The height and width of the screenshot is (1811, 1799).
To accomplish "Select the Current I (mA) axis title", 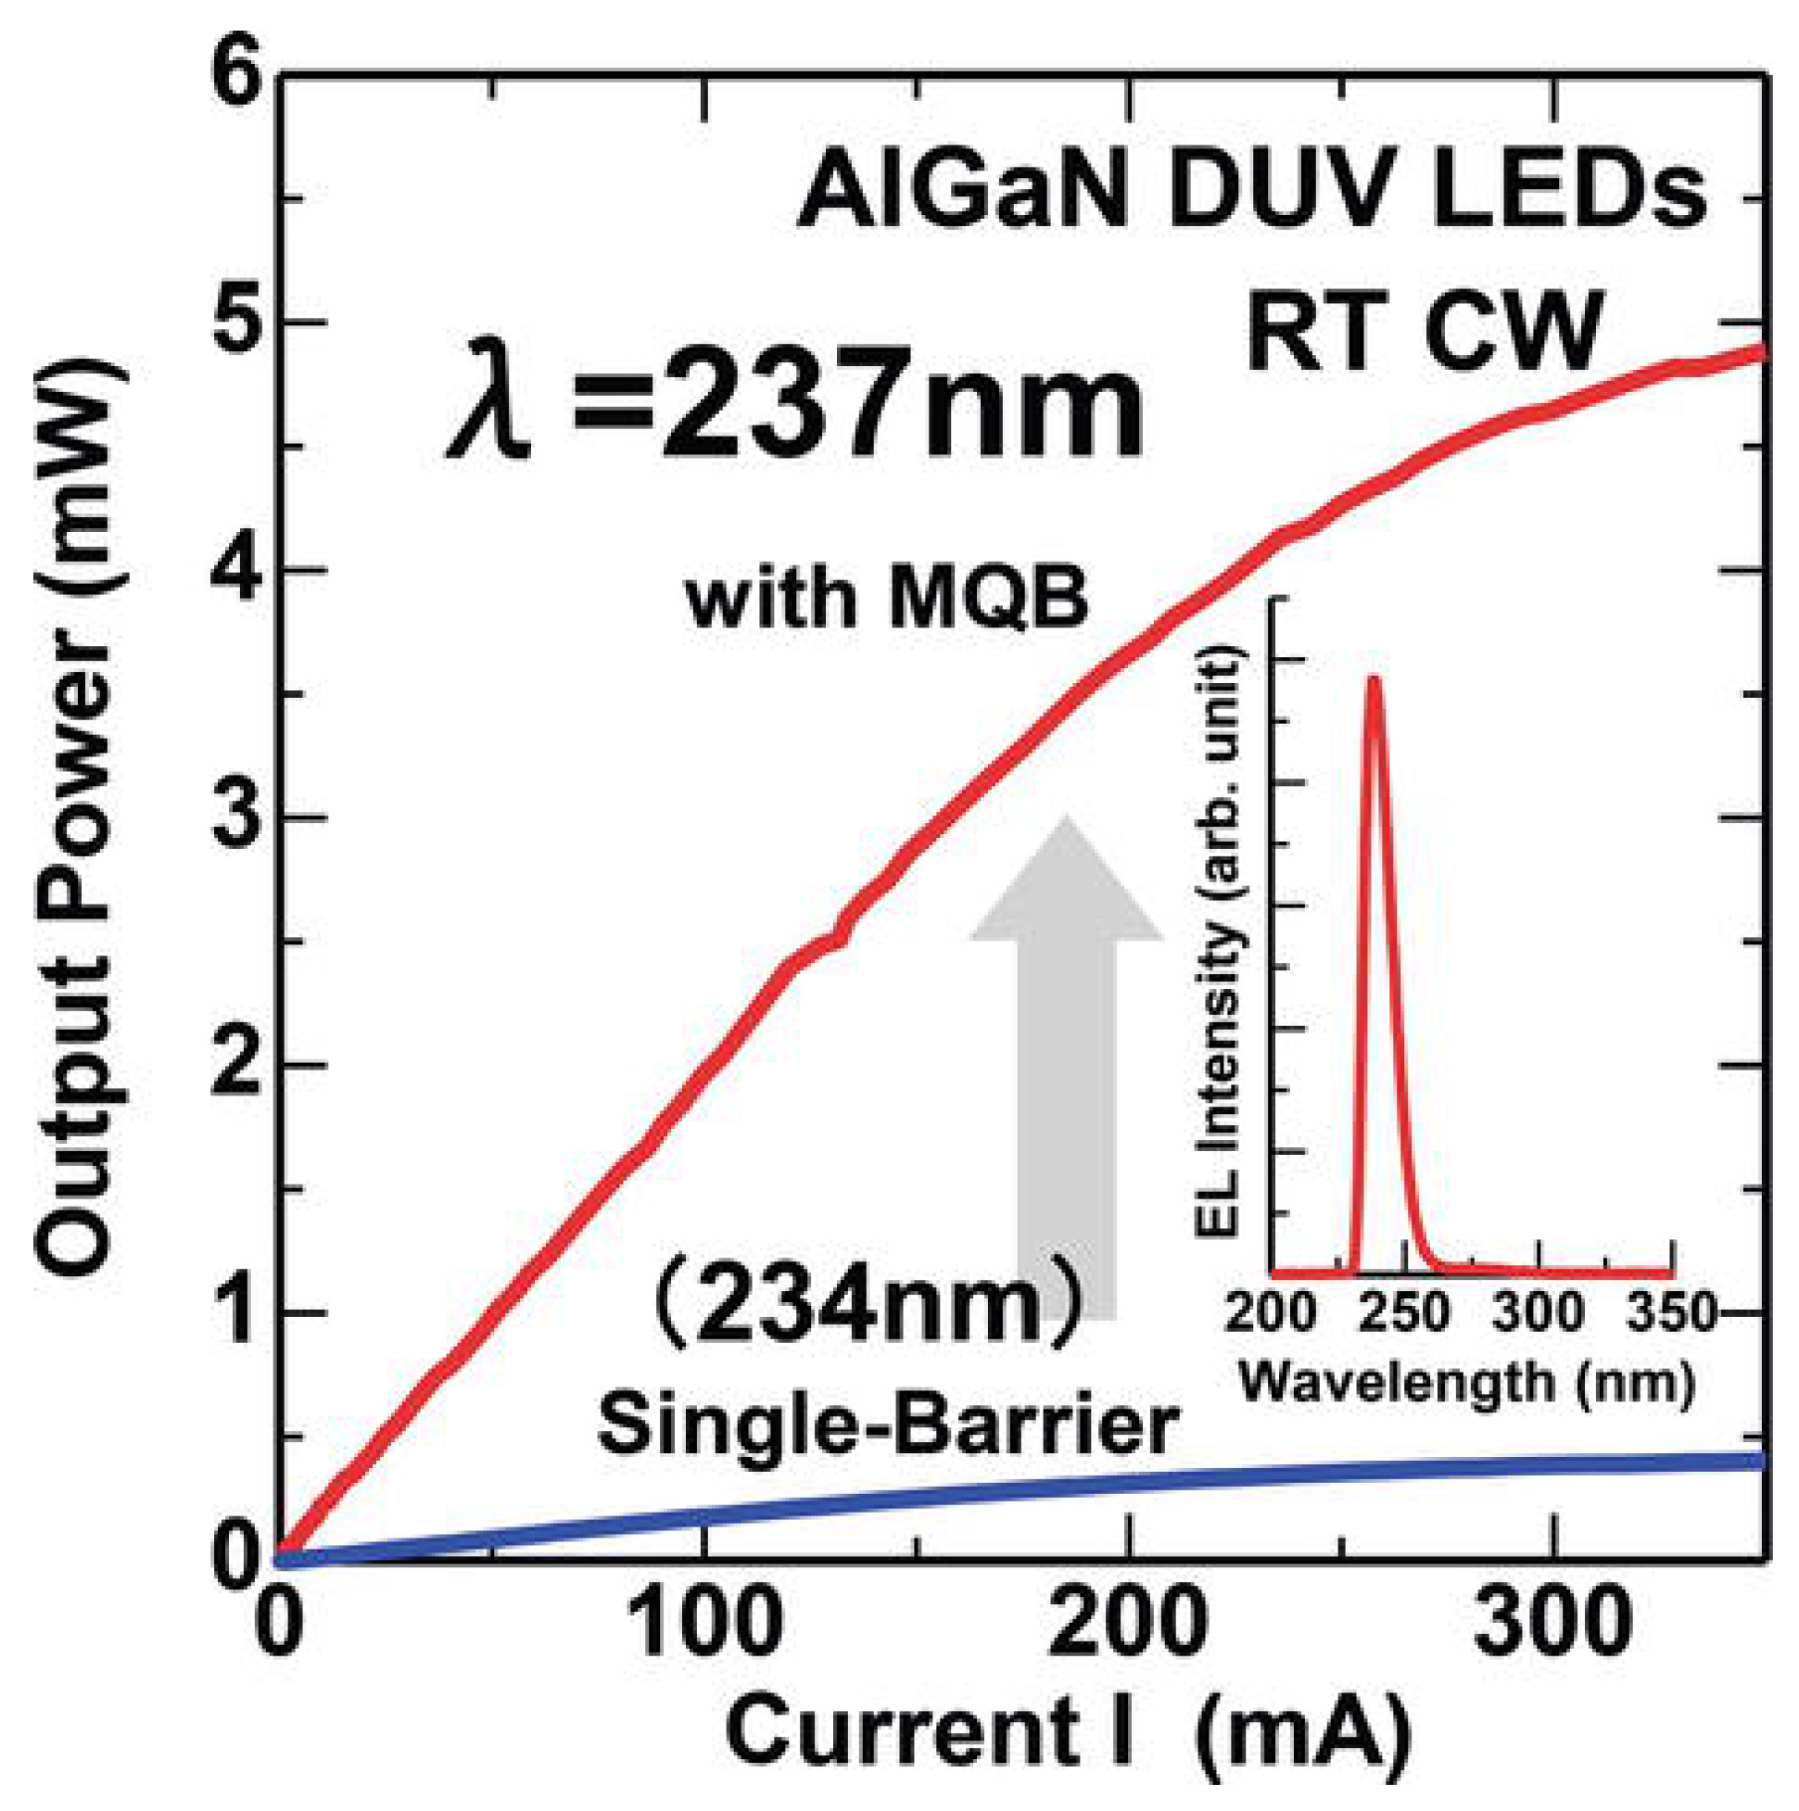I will click(1069, 1731).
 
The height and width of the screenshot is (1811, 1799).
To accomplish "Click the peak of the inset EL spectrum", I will click(1374, 679).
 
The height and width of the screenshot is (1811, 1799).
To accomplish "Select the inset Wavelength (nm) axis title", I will click(1467, 1380).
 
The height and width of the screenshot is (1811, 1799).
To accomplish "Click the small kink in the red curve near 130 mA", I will click(837, 937).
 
